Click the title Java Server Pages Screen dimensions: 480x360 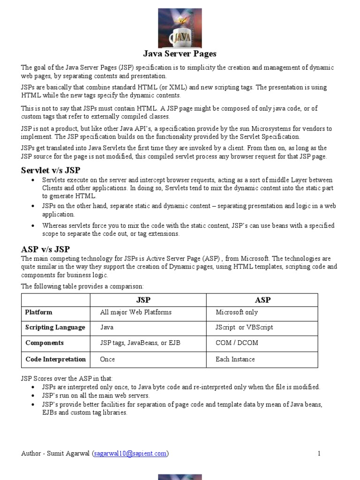click(x=180, y=54)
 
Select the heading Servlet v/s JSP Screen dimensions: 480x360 click(x=54, y=170)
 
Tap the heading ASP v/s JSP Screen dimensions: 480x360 click(x=45, y=249)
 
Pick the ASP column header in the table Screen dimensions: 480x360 click(x=262, y=300)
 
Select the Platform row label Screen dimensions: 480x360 click(x=39, y=312)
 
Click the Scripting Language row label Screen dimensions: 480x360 click(x=55, y=327)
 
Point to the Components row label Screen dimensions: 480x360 click(x=45, y=343)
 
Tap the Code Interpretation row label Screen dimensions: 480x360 click(x=55, y=359)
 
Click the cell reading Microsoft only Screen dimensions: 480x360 click(x=237, y=312)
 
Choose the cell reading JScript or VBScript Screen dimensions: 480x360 click(x=244, y=327)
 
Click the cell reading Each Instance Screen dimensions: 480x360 click(x=235, y=359)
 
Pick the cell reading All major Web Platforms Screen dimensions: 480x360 click(x=136, y=312)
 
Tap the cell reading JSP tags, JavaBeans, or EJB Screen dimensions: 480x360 click(x=140, y=343)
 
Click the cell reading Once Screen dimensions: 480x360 click(x=107, y=359)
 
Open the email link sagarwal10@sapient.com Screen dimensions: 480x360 click(x=130, y=453)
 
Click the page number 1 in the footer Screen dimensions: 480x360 click(x=319, y=453)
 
